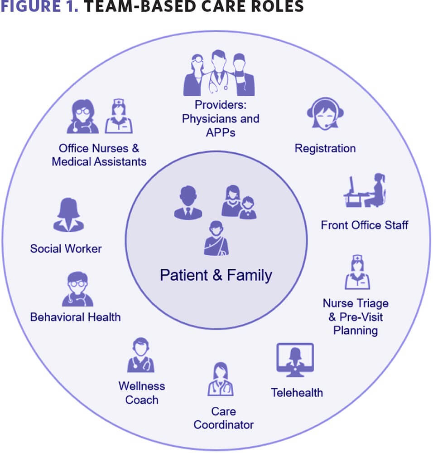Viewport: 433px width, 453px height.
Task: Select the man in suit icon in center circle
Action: pyautogui.click(x=188, y=203)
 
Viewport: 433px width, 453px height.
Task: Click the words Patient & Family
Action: pyautogui.click(x=216, y=275)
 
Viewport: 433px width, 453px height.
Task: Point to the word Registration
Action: pyautogui.click(x=325, y=148)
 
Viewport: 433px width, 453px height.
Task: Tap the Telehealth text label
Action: pyautogui.click(x=297, y=392)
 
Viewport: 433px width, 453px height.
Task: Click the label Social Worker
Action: pyautogui.click(x=66, y=248)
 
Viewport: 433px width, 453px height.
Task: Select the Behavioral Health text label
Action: pyautogui.click(x=75, y=317)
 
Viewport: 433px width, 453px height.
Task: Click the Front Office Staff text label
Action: pyautogui.click(x=365, y=225)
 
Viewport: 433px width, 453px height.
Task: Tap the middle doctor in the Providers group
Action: pyautogui.click(x=219, y=73)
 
